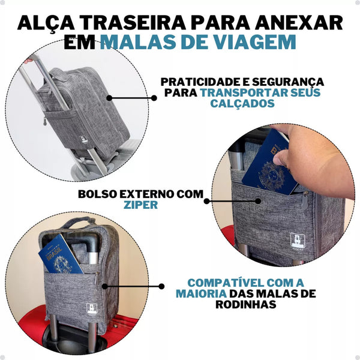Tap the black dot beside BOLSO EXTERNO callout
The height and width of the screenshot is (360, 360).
tap(208, 200)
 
